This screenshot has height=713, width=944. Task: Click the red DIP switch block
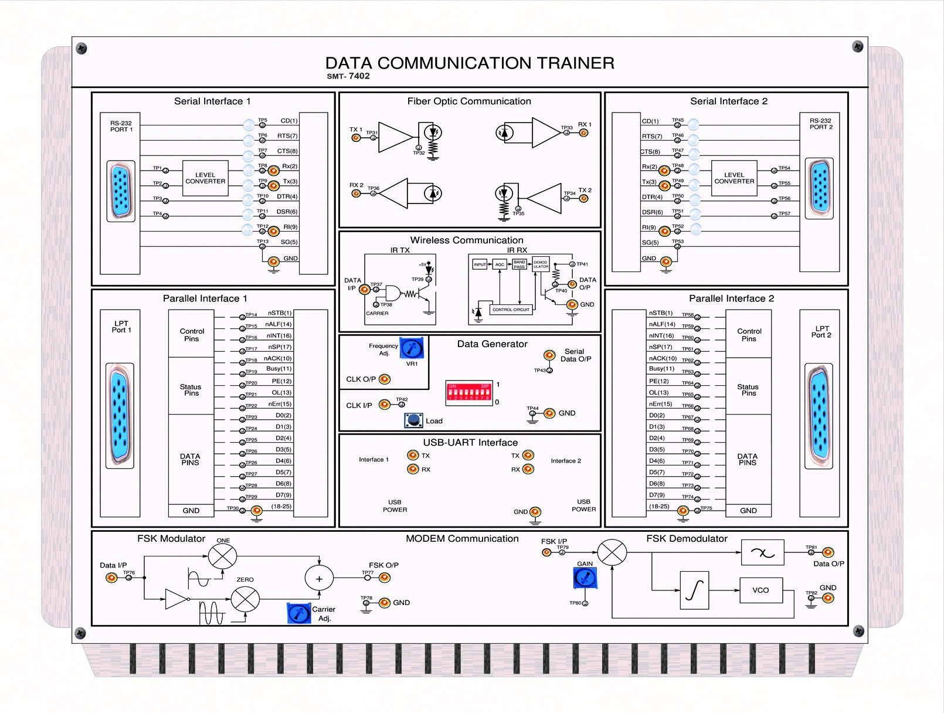(x=468, y=392)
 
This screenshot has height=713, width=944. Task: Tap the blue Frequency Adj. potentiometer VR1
(x=412, y=348)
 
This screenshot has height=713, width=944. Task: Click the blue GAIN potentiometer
(x=585, y=578)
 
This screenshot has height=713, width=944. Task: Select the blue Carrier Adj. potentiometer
(x=298, y=613)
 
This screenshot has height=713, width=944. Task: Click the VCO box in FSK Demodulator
(x=760, y=590)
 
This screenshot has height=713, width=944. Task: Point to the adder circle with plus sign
(x=319, y=579)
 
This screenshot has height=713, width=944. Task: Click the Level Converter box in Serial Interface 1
(x=205, y=178)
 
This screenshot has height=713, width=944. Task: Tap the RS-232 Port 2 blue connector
(x=819, y=188)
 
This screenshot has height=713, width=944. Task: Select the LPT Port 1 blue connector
(x=120, y=416)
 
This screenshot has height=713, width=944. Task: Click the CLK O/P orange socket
(x=385, y=379)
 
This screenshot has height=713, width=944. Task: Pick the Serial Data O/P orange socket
(x=549, y=355)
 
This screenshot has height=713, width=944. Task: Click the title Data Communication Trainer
(x=470, y=63)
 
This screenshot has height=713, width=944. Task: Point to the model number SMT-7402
(x=348, y=76)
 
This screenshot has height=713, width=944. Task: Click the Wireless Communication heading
(x=467, y=240)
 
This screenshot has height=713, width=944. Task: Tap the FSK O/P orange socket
(x=385, y=578)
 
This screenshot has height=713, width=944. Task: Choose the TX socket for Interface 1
(x=413, y=456)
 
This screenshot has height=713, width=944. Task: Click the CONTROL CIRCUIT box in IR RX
(x=511, y=310)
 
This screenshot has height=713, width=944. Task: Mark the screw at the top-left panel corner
(x=82, y=48)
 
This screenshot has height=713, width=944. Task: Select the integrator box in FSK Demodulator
(x=694, y=590)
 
